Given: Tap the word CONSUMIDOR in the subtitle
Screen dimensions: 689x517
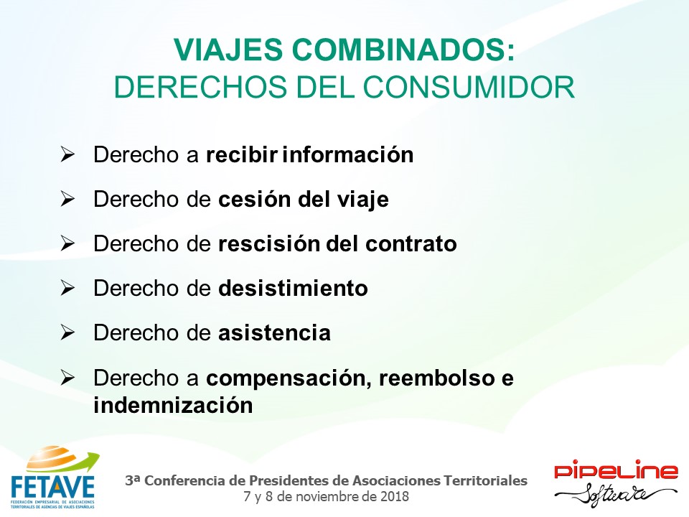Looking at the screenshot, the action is [469, 87].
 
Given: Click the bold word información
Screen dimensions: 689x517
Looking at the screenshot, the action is [348, 155].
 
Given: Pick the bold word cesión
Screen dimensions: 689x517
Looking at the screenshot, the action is [254, 199].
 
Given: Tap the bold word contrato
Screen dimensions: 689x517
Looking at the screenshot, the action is [411, 244].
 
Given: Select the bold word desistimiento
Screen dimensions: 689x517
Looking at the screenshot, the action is [293, 289].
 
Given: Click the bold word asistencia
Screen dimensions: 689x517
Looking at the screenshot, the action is [275, 332].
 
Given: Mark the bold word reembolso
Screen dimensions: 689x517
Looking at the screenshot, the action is [437, 378].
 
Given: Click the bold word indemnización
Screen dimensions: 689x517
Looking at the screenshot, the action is [173, 405].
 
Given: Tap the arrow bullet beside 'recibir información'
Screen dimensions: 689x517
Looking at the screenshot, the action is [67, 154].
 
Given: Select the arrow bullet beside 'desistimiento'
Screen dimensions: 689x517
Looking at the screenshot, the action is [67, 288].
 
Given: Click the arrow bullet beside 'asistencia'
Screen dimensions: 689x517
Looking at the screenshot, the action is [67, 332].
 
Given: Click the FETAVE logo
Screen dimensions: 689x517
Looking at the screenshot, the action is [54, 478].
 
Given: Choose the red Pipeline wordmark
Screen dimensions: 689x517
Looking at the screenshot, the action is [616, 470].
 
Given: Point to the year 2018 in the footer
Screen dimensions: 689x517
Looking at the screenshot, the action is [395, 497].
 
